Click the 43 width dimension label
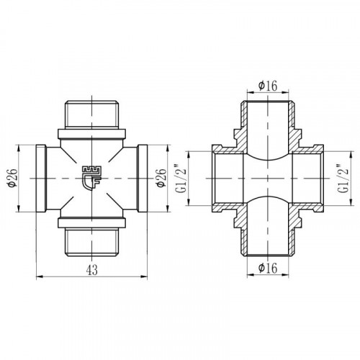pyautogui.click(x=92, y=270)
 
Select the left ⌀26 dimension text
pyautogui.click(x=13, y=179)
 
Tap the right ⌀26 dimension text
pyautogui.click(x=161, y=179)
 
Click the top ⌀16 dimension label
pyautogui.click(x=268, y=86)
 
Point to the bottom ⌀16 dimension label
pyautogui.click(x=268, y=268)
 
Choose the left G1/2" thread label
pyautogui.click(x=181, y=179)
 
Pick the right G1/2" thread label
pyautogui.click(x=343, y=179)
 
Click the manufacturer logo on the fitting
pyautogui.click(x=91, y=178)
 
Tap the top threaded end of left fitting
pyautogui.click(x=91, y=114)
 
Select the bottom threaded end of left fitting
pyautogui.click(x=91, y=242)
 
